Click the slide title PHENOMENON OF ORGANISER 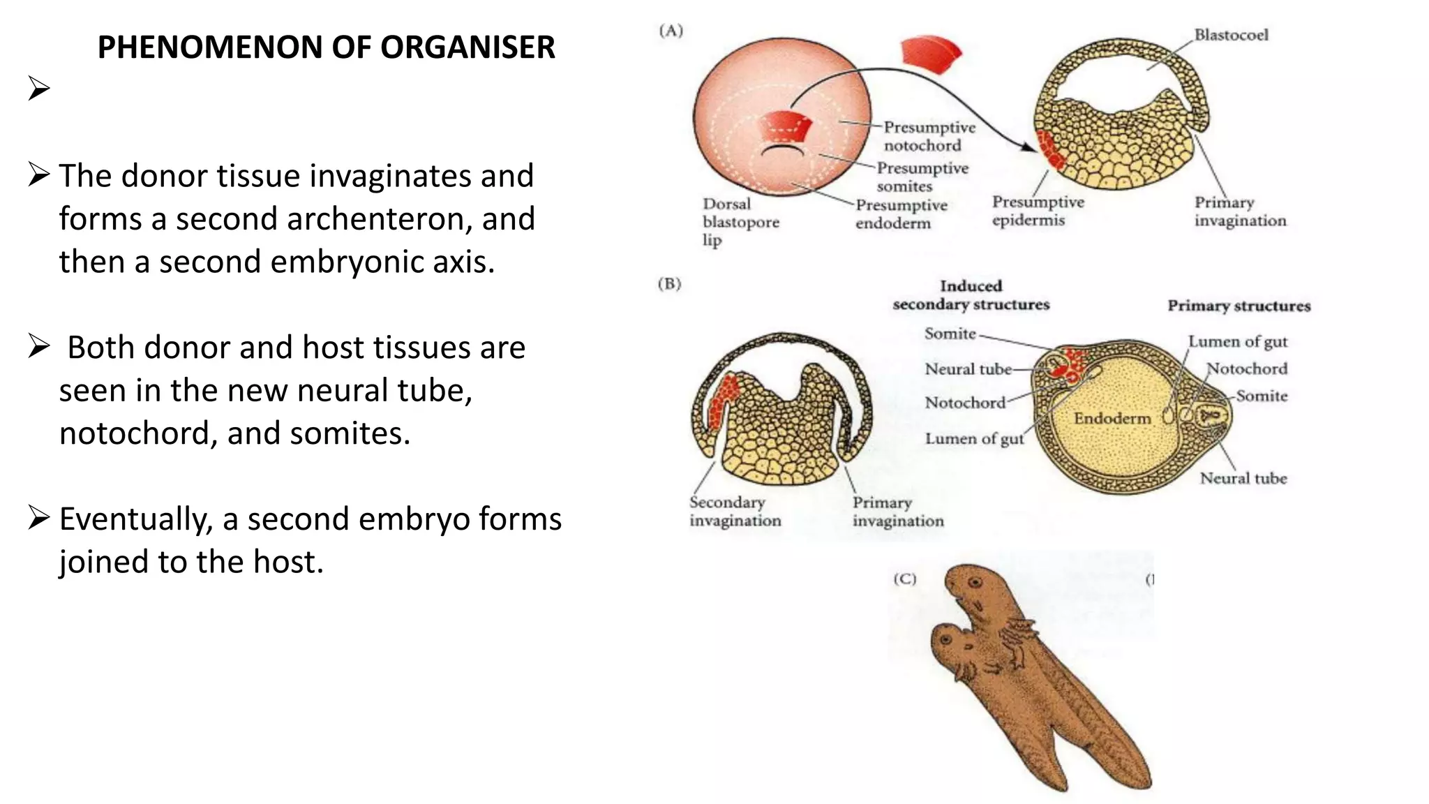(x=326, y=47)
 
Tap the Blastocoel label (x=1231, y=35)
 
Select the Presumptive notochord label (x=929, y=136)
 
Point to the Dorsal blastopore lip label (x=740, y=222)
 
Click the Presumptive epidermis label (x=1038, y=211)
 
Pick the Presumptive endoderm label (x=901, y=214)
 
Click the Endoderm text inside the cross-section (x=1112, y=418)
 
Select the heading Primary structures (x=1239, y=306)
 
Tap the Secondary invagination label (x=735, y=512)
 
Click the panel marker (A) (x=671, y=31)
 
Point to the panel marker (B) (x=670, y=284)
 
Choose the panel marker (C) (x=905, y=579)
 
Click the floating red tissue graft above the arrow (x=930, y=54)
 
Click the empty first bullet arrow (x=39, y=89)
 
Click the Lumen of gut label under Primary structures (x=1238, y=342)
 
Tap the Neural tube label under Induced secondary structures (x=968, y=369)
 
